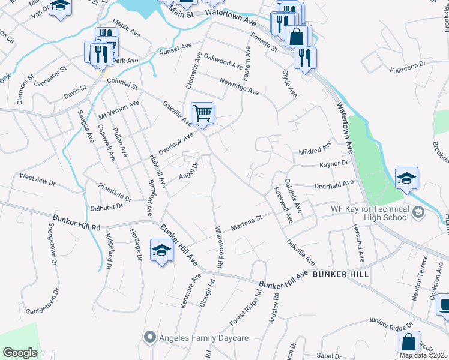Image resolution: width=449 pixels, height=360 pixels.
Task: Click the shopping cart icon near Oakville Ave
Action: [x=203, y=113]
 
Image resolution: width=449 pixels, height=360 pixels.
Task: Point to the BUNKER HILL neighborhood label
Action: [x=342, y=273]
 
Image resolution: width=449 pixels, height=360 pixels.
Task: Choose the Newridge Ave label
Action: [x=239, y=86]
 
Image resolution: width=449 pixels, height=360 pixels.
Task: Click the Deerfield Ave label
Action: [x=334, y=184]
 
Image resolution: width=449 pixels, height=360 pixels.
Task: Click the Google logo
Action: [x=20, y=353]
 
